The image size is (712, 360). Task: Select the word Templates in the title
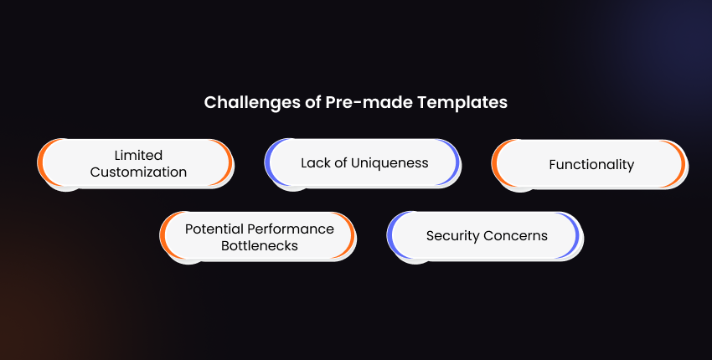click(462, 103)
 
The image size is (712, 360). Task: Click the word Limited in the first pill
click(138, 155)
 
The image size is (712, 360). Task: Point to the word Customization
click(138, 172)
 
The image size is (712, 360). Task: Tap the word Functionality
click(591, 165)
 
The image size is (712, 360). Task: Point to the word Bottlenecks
click(260, 245)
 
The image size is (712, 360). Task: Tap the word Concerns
click(516, 236)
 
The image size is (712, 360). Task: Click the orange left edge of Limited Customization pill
click(40, 162)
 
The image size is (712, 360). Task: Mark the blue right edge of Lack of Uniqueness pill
click(456, 162)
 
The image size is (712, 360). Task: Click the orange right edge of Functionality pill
click(683, 163)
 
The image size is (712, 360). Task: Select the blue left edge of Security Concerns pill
click(390, 235)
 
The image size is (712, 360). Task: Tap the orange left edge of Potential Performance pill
click(163, 235)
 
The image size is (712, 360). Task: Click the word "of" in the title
click(313, 102)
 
